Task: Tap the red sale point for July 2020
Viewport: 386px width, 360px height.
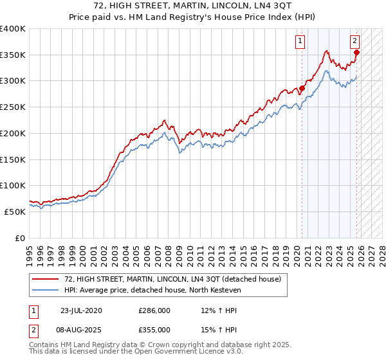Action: (302, 88)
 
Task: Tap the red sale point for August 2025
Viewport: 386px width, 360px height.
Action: (357, 53)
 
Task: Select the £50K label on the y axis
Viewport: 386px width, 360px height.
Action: (15, 212)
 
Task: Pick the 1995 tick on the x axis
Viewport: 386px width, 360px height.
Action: (29, 251)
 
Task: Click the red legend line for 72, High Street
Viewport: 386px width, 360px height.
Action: (45, 279)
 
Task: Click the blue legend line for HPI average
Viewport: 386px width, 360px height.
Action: (45, 290)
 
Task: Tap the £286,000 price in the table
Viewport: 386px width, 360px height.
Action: (154, 310)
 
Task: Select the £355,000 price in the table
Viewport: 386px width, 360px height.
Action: (154, 329)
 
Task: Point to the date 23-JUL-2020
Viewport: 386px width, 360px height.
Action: (80, 310)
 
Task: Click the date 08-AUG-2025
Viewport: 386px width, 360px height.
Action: (81, 329)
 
